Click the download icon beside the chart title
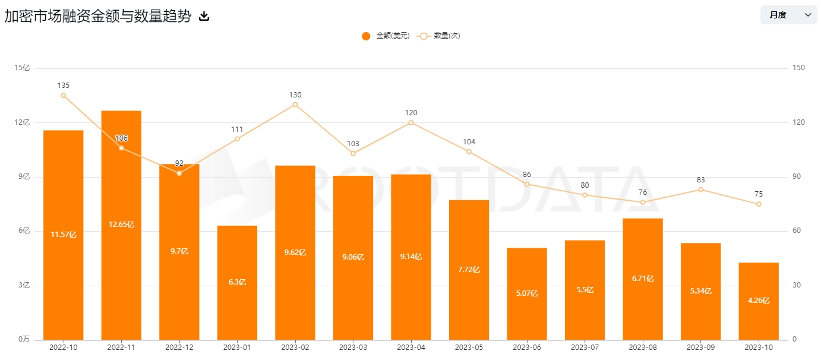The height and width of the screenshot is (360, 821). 204,16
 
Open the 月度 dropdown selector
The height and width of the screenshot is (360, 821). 788,15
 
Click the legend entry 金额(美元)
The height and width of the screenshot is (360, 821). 386,36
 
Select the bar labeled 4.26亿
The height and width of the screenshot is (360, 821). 759,301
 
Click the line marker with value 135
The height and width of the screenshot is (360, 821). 64,96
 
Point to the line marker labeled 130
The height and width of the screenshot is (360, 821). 295,105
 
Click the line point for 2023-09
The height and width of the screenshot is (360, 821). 701,190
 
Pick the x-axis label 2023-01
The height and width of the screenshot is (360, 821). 237,346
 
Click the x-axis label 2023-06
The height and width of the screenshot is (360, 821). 527,346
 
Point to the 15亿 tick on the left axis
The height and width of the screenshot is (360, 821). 22,68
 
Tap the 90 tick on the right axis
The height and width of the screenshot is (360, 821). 798,177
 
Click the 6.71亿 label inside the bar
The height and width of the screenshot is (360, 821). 643,278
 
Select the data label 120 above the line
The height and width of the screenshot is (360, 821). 411,113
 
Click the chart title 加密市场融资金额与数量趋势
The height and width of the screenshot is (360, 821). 98,16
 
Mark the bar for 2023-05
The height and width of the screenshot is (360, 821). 469,270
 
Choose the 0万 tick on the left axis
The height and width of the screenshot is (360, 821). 23,339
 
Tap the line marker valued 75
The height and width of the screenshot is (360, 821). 759,204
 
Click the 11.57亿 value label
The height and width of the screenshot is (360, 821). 64,235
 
